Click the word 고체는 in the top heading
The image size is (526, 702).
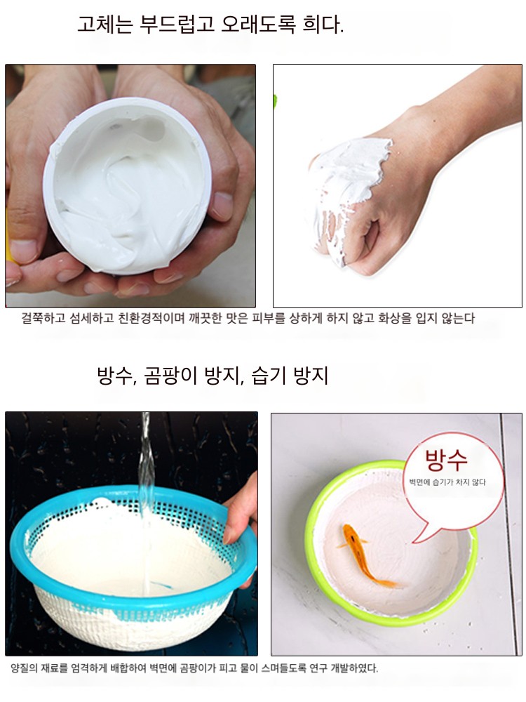tap(105, 24)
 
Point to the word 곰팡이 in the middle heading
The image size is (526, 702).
tap(170, 375)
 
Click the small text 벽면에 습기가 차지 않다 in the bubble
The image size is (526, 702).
tap(447, 482)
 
